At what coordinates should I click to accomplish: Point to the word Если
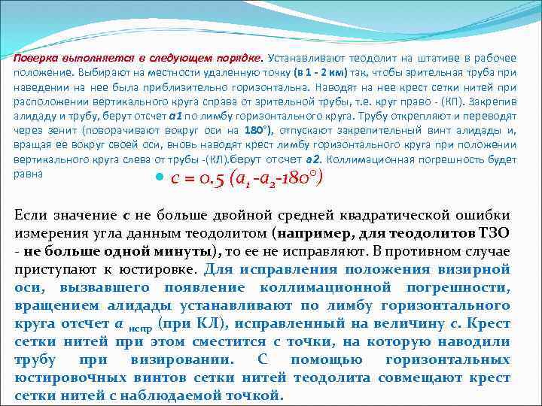pyautogui.click(x=31, y=214)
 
